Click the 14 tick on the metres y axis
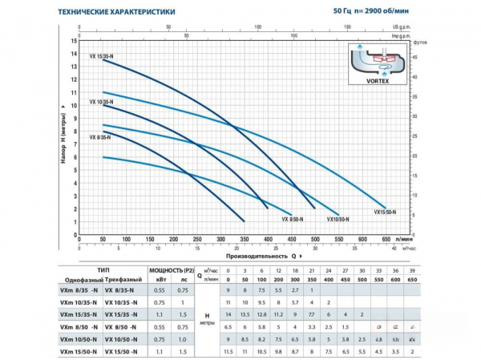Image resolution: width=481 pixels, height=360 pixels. tap(73, 54)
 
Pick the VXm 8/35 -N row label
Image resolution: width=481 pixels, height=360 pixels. tap(80, 291)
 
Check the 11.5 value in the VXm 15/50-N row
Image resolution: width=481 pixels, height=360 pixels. tap(229, 352)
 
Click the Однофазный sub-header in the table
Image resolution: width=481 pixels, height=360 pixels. tap(81, 279)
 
